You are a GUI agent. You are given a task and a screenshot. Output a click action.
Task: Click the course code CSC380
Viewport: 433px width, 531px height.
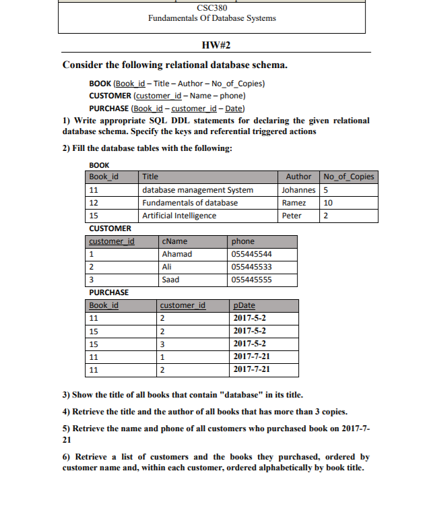click(x=211, y=7)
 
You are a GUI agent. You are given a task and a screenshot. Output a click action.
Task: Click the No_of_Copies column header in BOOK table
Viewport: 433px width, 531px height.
click(x=349, y=177)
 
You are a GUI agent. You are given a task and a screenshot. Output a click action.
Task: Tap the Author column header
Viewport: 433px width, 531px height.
click(x=298, y=177)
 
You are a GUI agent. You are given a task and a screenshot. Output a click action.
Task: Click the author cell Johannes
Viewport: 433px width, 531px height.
click(x=298, y=190)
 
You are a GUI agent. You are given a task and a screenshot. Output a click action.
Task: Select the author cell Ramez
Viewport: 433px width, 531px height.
click(x=294, y=203)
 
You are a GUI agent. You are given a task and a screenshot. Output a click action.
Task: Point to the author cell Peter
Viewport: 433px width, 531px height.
click(x=292, y=216)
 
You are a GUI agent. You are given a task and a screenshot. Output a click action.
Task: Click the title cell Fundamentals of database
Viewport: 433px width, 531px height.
click(x=190, y=203)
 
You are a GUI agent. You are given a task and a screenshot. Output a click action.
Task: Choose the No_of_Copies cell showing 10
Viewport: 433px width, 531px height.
click(x=329, y=203)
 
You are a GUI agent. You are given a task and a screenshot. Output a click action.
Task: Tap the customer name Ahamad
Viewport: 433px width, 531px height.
click(x=177, y=254)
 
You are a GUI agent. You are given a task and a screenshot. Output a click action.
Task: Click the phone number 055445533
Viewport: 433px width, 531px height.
click(x=251, y=267)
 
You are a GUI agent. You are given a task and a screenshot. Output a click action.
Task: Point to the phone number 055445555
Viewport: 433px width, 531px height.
click(x=251, y=280)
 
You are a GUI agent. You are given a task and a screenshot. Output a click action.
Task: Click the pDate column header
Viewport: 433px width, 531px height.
click(x=243, y=305)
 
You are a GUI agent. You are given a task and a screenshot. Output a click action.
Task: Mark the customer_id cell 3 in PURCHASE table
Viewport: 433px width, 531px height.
click(x=162, y=344)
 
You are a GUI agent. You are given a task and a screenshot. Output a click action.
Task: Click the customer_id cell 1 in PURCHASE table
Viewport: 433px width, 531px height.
click(x=162, y=356)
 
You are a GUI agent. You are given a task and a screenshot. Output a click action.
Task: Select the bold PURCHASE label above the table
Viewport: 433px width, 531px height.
click(x=108, y=292)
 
